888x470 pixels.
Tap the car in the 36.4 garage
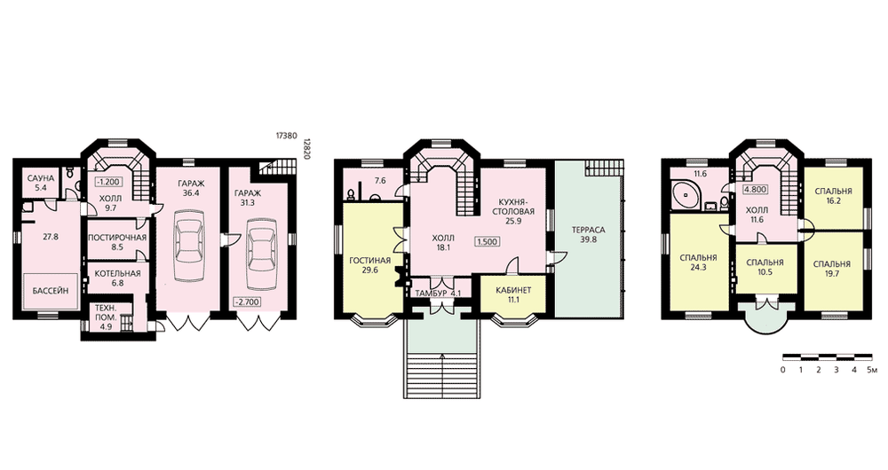click(x=188, y=246)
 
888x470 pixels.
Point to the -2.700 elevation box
click(x=248, y=302)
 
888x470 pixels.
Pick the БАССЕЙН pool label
click(x=50, y=291)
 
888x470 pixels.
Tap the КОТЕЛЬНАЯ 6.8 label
click(x=117, y=278)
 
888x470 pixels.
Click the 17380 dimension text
click(x=287, y=136)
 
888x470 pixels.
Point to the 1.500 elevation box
click(x=487, y=241)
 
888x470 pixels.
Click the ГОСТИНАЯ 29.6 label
click(x=369, y=265)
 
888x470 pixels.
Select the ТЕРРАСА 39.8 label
click(x=588, y=235)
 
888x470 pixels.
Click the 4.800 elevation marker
click(x=756, y=190)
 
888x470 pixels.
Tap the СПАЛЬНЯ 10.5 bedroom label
click(x=765, y=267)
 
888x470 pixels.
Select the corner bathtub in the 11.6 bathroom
click(x=686, y=195)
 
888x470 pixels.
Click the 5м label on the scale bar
click(x=872, y=370)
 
